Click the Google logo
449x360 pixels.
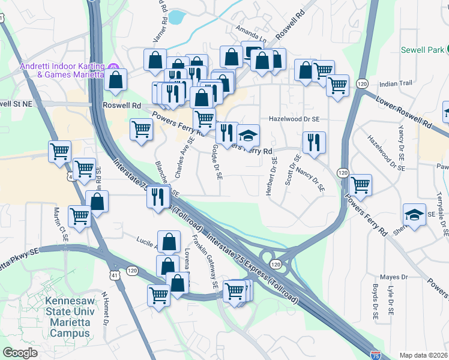coord(20,353)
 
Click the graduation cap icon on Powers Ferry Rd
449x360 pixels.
coord(247,136)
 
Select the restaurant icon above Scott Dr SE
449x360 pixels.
coord(313,143)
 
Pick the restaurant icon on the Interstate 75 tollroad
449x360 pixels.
coord(158,196)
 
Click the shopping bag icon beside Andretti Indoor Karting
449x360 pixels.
coord(115,79)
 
